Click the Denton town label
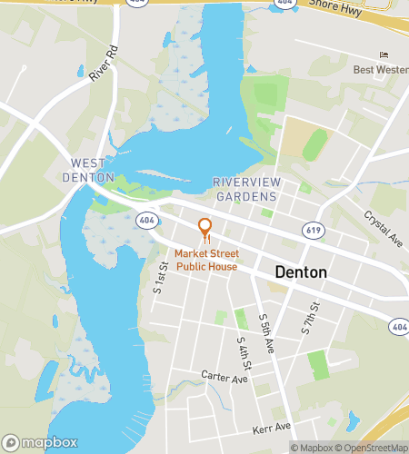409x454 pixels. coord(301,272)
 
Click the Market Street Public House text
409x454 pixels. coord(206,261)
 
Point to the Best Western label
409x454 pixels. coord(380,70)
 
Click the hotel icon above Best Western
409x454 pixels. coord(383,54)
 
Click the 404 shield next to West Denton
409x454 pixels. coord(146,220)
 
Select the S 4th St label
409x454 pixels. coord(243,352)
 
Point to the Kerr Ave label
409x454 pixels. coord(272,428)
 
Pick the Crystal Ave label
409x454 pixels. coord(383,228)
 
